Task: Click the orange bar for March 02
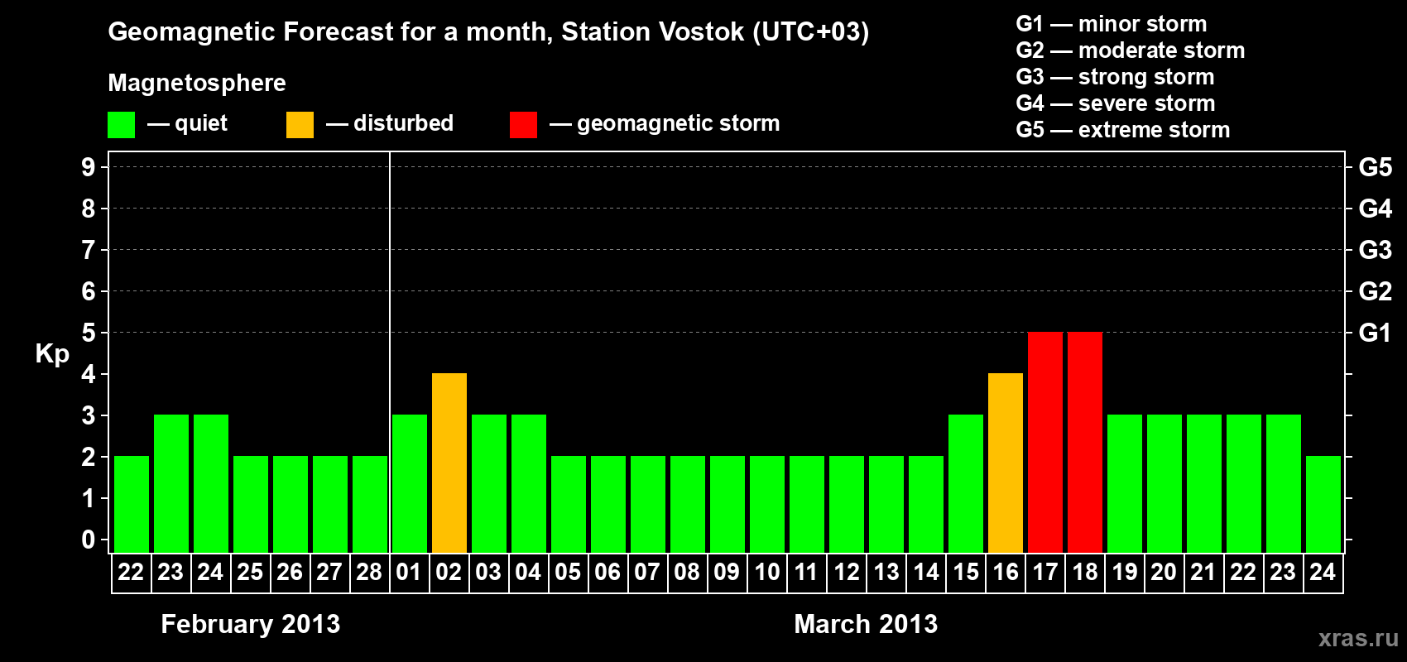[449, 463]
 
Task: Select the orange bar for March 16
[1006, 463]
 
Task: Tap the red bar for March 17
[1045, 442]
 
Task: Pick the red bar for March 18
[1085, 442]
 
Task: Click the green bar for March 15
[966, 483]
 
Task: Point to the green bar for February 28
[370, 504]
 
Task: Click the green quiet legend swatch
[121, 124]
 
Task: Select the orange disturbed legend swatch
[300, 124]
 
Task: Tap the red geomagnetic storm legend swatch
[524, 124]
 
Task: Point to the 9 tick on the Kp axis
[88, 168]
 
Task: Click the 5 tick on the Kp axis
[88, 333]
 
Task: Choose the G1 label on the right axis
[1375, 333]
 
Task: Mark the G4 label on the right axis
[1375, 209]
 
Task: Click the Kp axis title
[52, 354]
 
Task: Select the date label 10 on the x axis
[767, 572]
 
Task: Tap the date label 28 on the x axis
[369, 572]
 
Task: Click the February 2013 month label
[251, 624]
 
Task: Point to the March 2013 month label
[866, 624]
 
